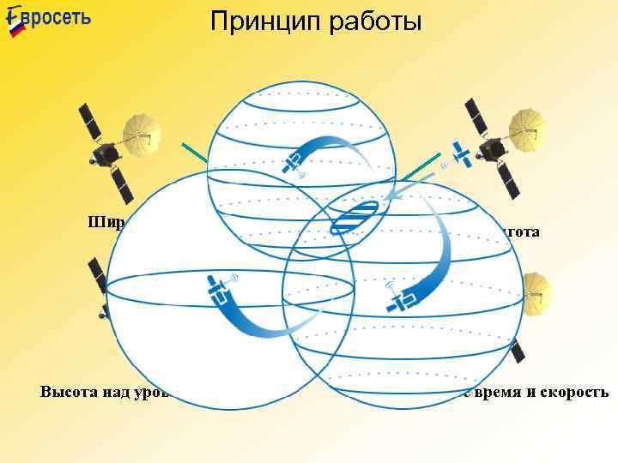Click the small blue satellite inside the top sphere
[294, 161]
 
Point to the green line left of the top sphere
[194, 155]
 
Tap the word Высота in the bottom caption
[69, 393]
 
